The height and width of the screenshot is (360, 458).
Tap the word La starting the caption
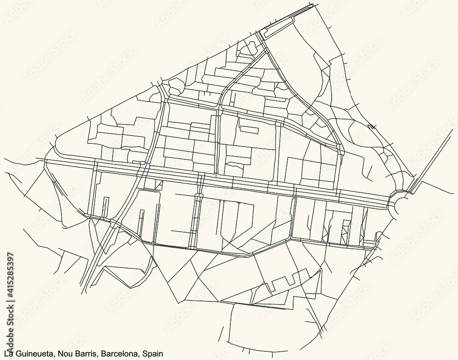coord(8,354)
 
